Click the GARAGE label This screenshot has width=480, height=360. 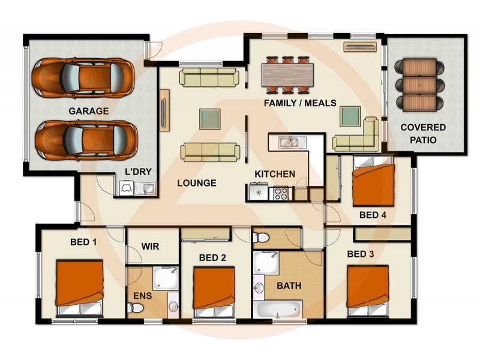[x=88, y=111]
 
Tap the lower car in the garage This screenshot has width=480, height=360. [x=84, y=139]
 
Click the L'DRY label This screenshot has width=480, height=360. [x=137, y=172]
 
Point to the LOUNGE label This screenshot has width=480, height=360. [x=196, y=183]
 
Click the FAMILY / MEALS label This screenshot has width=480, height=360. [x=300, y=103]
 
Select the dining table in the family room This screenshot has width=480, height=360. [x=287, y=75]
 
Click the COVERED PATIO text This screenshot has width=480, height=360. [x=423, y=134]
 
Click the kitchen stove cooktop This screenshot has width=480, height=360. [x=281, y=193]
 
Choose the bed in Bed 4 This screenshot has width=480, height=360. [x=373, y=182]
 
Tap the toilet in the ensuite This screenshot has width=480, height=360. [x=135, y=307]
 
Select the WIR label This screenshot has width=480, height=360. [x=150, y=247]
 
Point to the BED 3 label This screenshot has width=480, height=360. [x=361, y=254]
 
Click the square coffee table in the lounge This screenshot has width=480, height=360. [x=210, y=116]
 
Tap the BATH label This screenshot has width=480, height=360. [x=289, y=286]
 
